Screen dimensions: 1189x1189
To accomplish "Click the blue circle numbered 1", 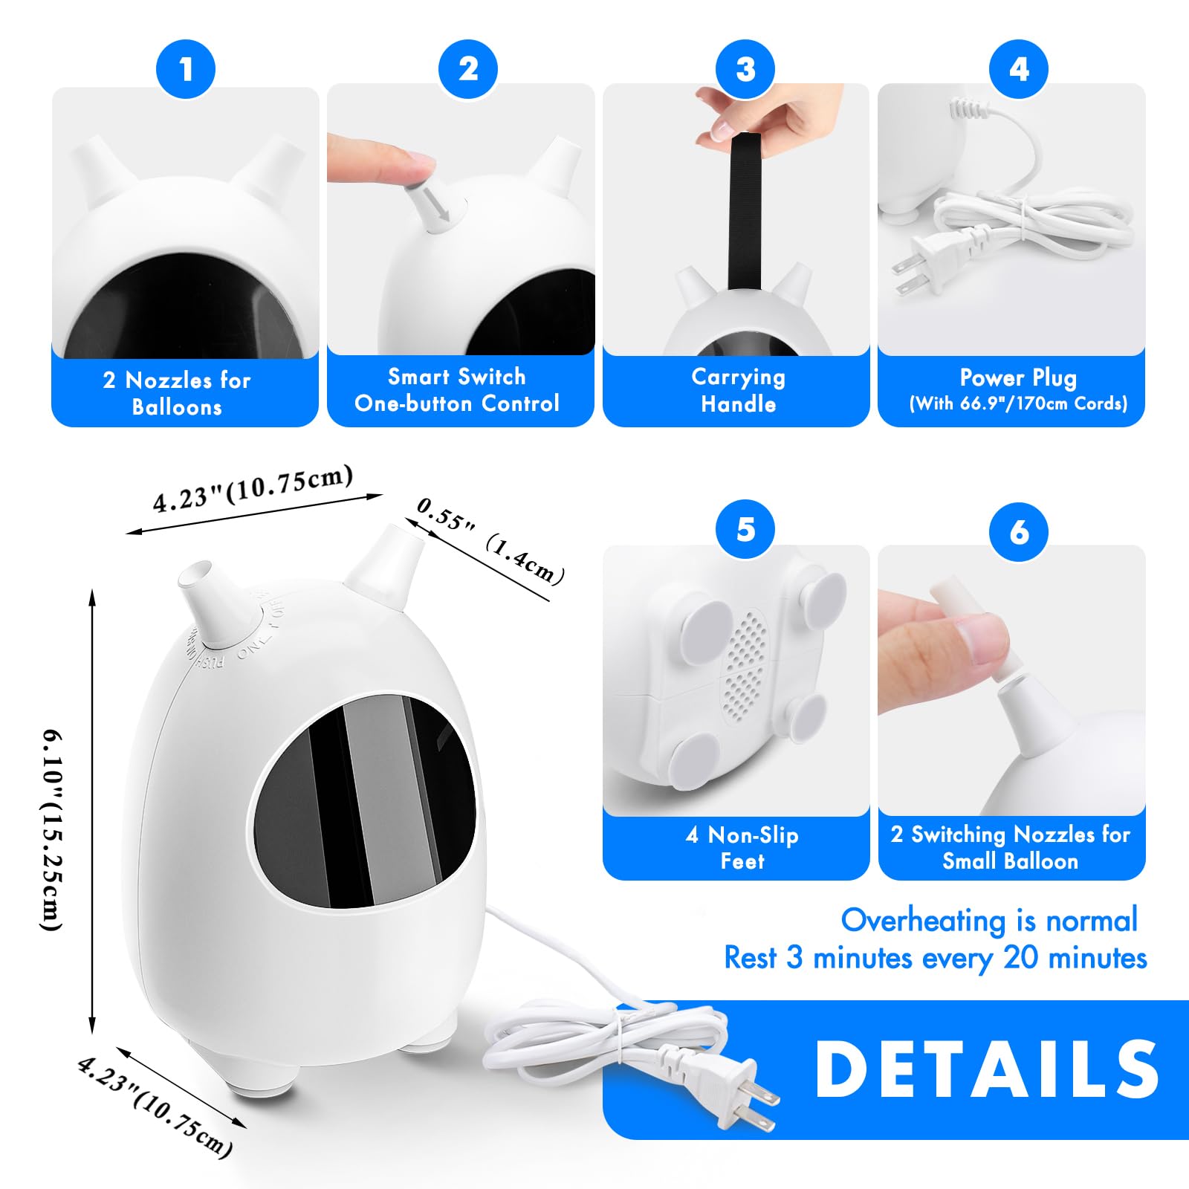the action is [186, 69].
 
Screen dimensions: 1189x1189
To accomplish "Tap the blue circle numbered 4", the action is [1019, 69].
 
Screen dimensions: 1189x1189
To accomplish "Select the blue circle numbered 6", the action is [1019, 531].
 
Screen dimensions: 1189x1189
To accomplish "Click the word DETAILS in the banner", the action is [987, 1069].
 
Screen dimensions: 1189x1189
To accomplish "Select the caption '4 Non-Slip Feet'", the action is [742, 848].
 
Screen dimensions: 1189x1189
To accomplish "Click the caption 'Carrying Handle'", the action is [738, 391].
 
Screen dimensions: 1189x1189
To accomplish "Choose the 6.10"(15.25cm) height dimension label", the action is [52, 829].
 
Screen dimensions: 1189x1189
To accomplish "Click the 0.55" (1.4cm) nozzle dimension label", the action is [490, 540].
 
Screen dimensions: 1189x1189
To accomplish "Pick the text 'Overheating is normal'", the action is [989, 921].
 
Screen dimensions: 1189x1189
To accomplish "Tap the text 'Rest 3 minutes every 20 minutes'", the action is [936, 958].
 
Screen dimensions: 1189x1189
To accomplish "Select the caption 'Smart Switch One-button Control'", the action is [457, 390].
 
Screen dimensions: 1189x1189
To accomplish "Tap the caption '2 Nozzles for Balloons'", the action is [177, 394].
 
